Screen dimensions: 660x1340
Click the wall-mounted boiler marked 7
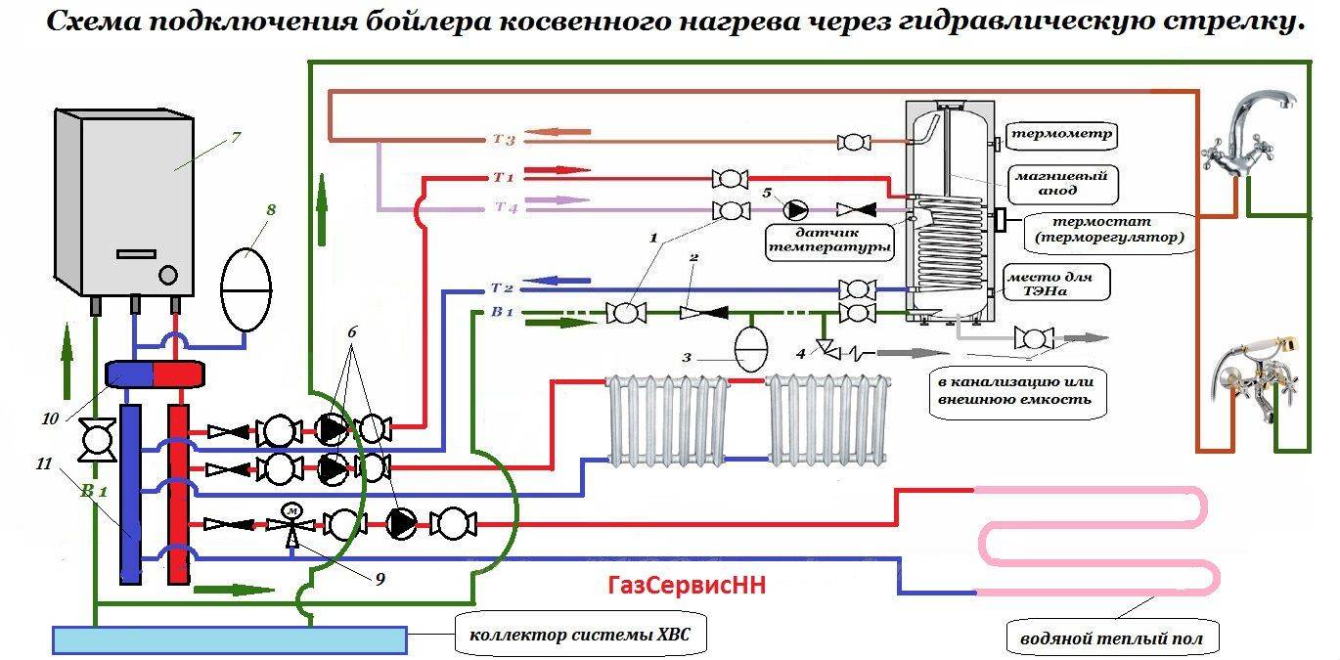(123, 200)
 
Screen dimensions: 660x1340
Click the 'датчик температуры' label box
(828, 242)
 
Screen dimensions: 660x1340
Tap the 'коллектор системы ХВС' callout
(580, 636)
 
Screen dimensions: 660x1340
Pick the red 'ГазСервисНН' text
(686, 586)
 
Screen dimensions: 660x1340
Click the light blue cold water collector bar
(229, 639)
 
